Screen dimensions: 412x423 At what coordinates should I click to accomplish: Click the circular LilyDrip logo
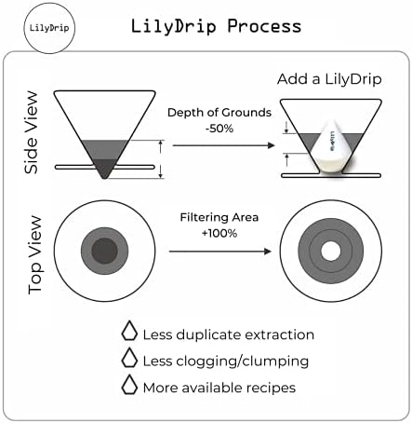click(x=49, y=28)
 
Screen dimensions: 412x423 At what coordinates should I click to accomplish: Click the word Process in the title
click(x=264, y=26)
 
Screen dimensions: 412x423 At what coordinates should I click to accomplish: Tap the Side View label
click(x=31, y=132)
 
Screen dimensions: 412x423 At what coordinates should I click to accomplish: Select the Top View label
click(x=34, y=254)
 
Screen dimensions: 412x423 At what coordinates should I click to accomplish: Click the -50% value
click(x=219, y=129)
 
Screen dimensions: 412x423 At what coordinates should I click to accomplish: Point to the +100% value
click(x=219, y=233)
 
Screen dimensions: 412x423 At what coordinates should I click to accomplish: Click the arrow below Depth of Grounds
click(x=224, y=145)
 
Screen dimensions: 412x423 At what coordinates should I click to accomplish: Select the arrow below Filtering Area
click(x=220, y=252)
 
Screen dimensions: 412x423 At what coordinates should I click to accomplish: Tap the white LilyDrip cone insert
click(x=331, y=147)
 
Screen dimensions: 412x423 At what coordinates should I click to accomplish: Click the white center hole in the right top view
click(x=330, y=251)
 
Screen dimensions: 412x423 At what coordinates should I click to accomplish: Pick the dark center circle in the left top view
click(x=104, y=251)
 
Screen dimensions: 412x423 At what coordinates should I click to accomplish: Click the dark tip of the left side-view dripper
click(x=104, y=169)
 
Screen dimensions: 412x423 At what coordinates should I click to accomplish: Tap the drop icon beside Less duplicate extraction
click(x=129, y=331)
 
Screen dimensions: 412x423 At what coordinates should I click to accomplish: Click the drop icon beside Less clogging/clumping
click(x=129, y=358)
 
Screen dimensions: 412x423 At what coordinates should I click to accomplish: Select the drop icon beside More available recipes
click(x=129, y=385)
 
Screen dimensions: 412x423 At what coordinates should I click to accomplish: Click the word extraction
click(x=280, y=334)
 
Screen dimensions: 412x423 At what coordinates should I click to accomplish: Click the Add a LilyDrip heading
click(x=329, y=79)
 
